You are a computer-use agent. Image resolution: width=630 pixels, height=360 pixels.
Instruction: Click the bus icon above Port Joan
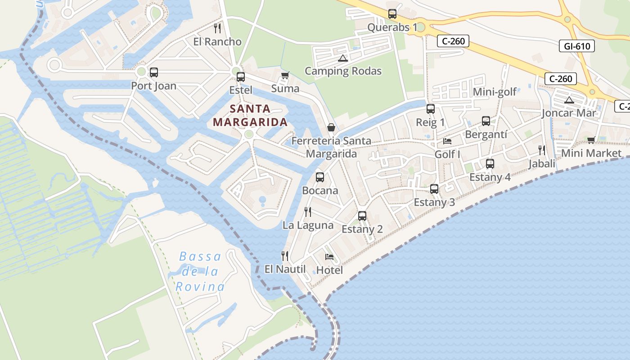coord(154,72)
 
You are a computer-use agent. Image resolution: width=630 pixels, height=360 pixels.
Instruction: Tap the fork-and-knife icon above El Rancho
coord(217,28)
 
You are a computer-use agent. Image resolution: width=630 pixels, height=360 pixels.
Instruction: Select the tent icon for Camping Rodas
coord(343,58)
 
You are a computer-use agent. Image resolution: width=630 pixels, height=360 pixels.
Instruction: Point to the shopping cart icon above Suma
coord(284,75)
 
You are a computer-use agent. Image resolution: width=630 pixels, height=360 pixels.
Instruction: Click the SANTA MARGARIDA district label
coord(250,115)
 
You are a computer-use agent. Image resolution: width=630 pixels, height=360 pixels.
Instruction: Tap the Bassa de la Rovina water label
coord(200,271)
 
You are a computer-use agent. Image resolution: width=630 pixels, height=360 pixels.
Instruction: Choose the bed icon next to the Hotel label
coord(329,257)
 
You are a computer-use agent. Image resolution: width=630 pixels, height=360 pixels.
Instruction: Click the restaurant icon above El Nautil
coord(284,256)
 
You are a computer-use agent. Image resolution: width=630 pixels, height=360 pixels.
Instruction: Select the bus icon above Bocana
coord(320,177)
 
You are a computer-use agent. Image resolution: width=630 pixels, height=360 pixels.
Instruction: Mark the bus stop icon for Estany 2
coord(362,216)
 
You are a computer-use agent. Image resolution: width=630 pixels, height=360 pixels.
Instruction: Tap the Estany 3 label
coord(434,202)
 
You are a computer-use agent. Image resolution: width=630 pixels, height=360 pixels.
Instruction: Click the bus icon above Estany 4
coord(490,164)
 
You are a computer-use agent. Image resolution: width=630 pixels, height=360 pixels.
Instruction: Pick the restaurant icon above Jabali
coord(542,150)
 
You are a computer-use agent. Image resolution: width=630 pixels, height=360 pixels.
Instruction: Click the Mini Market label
coord(591,153)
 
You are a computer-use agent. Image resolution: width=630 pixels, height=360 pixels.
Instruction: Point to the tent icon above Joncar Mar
coord(569,100)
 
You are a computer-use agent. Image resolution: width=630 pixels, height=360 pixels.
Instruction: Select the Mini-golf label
coord(495,92)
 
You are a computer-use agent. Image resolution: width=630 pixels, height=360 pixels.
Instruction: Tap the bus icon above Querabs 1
coord(392,14)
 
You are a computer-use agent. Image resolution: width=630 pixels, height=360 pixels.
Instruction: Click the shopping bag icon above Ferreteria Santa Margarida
coord(331,127)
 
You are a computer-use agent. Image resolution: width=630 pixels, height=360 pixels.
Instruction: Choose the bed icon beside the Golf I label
coord(447,141)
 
